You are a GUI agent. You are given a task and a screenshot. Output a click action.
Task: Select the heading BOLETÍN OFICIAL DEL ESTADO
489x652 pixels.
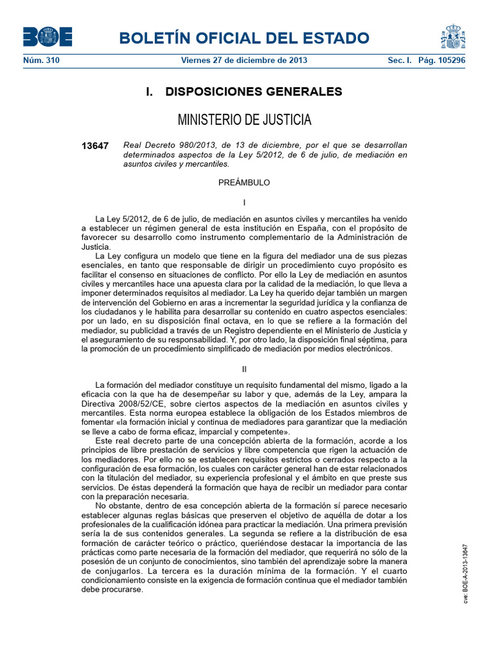click(x=244, y=38)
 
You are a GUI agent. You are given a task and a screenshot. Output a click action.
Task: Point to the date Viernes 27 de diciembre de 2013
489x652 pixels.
click(x=244, y=60)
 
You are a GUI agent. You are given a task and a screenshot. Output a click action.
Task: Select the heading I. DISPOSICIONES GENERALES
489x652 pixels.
click(x=244, y=92)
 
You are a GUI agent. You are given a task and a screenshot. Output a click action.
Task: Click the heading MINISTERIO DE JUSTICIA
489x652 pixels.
click(x=244, y=120)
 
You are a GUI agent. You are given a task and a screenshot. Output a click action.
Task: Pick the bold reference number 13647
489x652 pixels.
click(x=96, y=146)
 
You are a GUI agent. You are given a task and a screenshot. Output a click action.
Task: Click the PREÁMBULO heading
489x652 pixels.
click(x=244, y=183)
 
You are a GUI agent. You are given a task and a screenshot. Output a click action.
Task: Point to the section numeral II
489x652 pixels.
click(x=244, y=369)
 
